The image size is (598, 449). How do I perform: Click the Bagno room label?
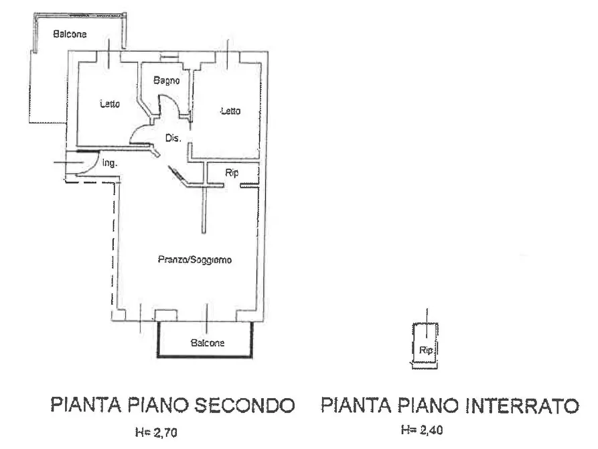(x=165, y=81)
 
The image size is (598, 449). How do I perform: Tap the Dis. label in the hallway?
(x=173, y=139)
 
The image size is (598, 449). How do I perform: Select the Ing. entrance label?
(x=110, y=162)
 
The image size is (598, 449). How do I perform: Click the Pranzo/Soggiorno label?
(x=194, y=259)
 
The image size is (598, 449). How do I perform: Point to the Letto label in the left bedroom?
(x=110, y=104)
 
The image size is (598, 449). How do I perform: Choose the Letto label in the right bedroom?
(x=230, y=111)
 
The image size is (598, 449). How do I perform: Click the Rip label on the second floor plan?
(x=232, y=173)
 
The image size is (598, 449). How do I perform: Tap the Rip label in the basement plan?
(x=425, y=350)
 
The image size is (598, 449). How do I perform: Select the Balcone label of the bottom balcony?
(x=208, y=343)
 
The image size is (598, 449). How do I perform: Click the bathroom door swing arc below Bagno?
(x=171, y=107)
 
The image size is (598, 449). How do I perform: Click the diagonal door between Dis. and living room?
(x=179, y=175)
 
